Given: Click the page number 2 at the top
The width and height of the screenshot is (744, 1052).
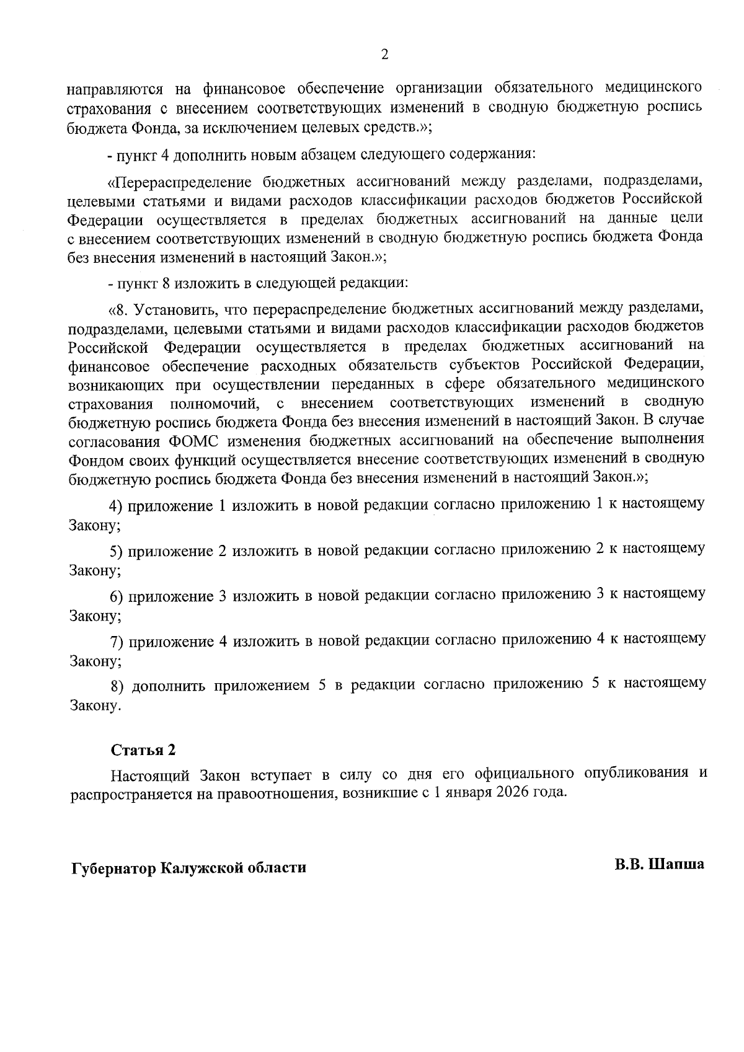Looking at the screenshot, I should (x=384, y=56).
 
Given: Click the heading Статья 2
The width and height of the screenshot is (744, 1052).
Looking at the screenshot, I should (x=143, y=749).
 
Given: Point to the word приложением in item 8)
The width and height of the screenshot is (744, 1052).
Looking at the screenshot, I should (x=262, y=685).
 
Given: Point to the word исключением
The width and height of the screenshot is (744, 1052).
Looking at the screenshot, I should (x=254, y=128).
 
